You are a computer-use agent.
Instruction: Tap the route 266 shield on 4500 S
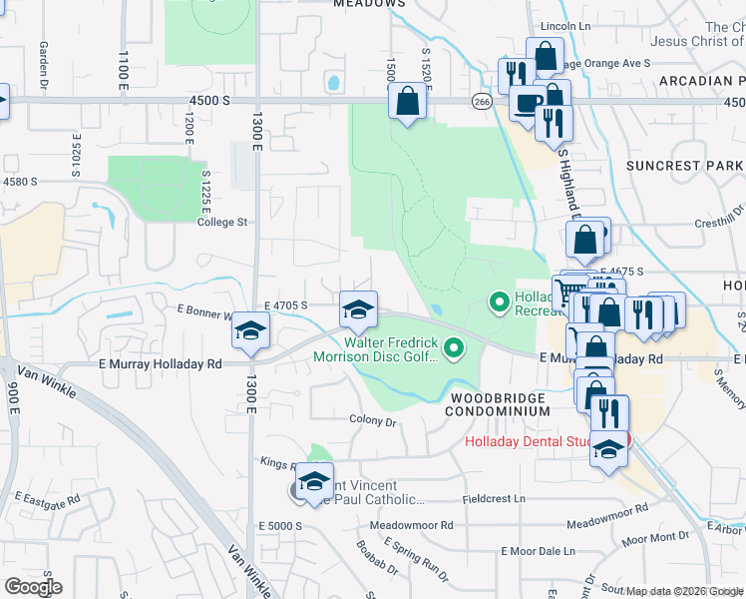pyautogui.click(x=482, y=101)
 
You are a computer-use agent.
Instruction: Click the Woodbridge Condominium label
pyautogui.click(x=495, y=404)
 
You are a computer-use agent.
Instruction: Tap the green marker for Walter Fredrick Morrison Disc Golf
pyautogui.click(x=454, y=348)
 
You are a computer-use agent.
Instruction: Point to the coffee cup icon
pyautogui.click(x=527, y=103)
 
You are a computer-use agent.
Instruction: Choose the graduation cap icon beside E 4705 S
pyautogui.click(x=358, y=308)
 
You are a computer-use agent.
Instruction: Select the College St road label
pyautogui.click(x=221, y=223)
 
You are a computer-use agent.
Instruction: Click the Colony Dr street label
pyautogui.click(x=373, y=420)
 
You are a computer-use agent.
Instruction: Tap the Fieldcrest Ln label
pyautogui.click(x=500, y=498)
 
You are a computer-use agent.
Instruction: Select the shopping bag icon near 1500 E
pyautogui.click(x=406, y=101)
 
